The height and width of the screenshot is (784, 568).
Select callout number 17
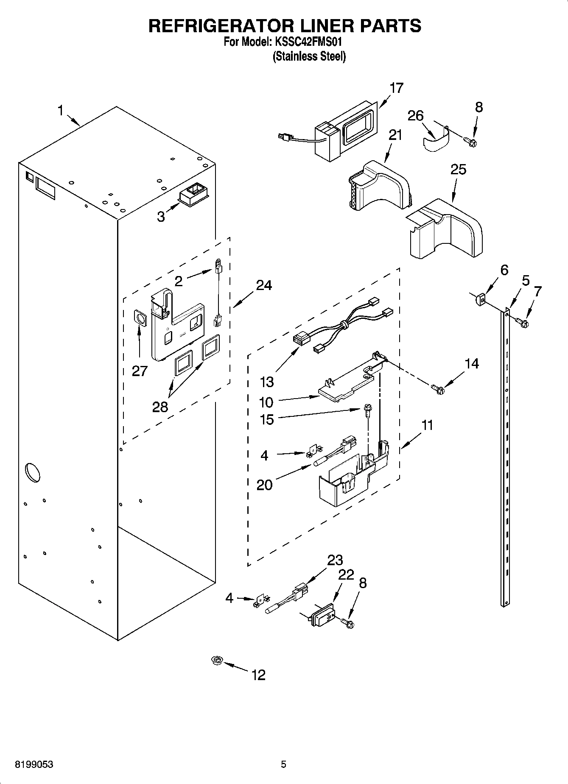[x=397, y=88]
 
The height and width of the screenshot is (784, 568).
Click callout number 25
[x=458, y=169]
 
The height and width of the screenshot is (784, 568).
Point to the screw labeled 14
[x=437, y=388]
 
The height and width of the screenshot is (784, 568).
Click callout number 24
[x=263, y=285]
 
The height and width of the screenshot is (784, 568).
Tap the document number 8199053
[x=34, y=764]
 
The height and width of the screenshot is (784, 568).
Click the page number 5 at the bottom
[x=283, y=764]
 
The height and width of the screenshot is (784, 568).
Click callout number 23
[x=335, y=560]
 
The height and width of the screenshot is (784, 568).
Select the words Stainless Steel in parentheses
[x=309, y=56]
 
